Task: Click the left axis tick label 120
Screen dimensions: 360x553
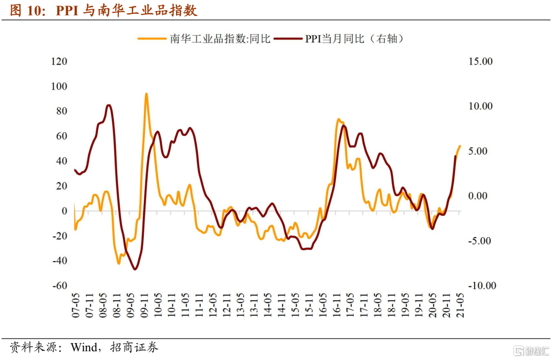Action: click(59, 61)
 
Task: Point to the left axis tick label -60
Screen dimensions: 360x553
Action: click(59, 285)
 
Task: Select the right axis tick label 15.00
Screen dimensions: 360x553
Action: click(480, 61)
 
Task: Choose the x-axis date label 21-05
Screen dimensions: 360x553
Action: click(460, 306)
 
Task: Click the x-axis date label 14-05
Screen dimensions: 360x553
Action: click(267, 306)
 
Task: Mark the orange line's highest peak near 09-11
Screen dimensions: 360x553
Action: click(146, 94)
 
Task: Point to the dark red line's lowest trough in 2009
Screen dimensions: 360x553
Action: click(135, 269)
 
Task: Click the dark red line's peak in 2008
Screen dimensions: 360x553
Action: click(109, 105)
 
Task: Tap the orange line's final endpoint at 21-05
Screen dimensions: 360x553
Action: click(460, 145)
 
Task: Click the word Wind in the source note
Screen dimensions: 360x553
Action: click(83, 348)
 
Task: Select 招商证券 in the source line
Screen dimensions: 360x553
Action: click(138, 348)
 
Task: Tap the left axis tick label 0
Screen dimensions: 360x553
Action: click(65, 211)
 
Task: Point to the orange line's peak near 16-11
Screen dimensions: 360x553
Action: click(339, 120)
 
